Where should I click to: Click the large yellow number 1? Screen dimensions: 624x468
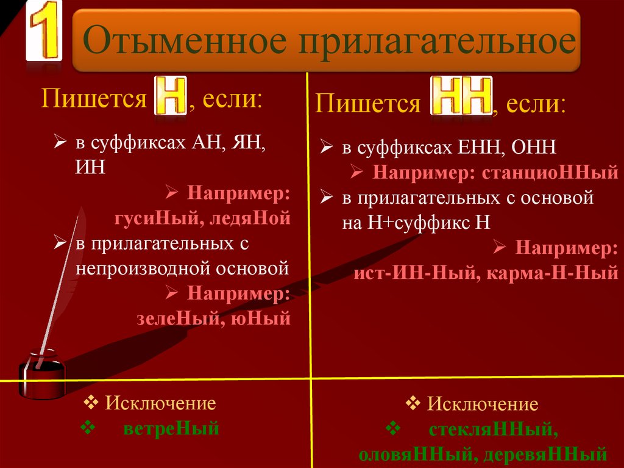click(44, 31)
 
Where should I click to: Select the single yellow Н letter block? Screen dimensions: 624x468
click(171, 95)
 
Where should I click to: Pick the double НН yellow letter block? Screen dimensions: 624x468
click(462, 96)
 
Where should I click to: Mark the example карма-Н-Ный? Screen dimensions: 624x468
click(552, 273)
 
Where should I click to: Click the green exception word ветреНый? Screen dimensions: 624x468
click(171, 428)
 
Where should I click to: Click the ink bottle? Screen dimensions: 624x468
click(42, 374)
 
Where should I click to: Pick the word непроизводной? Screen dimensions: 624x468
click(143, 268)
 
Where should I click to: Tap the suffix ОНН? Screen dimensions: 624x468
click(533, 147)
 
